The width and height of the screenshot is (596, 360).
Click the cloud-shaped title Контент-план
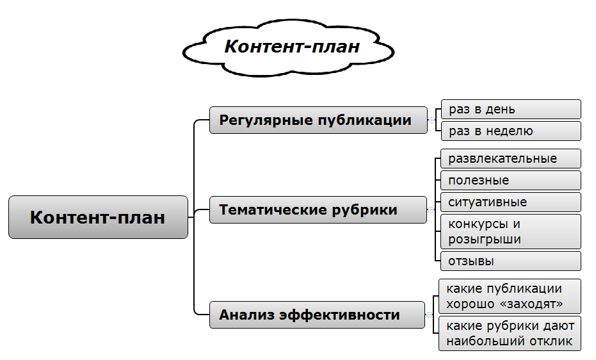(291, 47)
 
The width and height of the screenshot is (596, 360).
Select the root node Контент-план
(98, 217)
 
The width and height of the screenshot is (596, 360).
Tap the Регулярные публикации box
(318, 120)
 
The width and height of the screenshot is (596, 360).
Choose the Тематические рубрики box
(318, 209)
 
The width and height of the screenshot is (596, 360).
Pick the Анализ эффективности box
(317, 315)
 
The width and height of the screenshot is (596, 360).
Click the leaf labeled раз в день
(511, 110)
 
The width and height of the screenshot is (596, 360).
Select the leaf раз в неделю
(511, 131)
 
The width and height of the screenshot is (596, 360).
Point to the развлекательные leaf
(511, 158)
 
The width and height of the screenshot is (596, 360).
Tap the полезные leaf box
(511, 180)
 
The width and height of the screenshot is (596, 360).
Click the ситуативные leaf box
(511, 202)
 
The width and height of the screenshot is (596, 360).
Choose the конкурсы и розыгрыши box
(511, 231)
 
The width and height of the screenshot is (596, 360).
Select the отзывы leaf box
(511, 261)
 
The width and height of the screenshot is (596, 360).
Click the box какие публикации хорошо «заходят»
(510, 296)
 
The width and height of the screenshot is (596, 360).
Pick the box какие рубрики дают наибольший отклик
(510, 332)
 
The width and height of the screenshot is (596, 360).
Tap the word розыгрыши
(485, 240)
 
